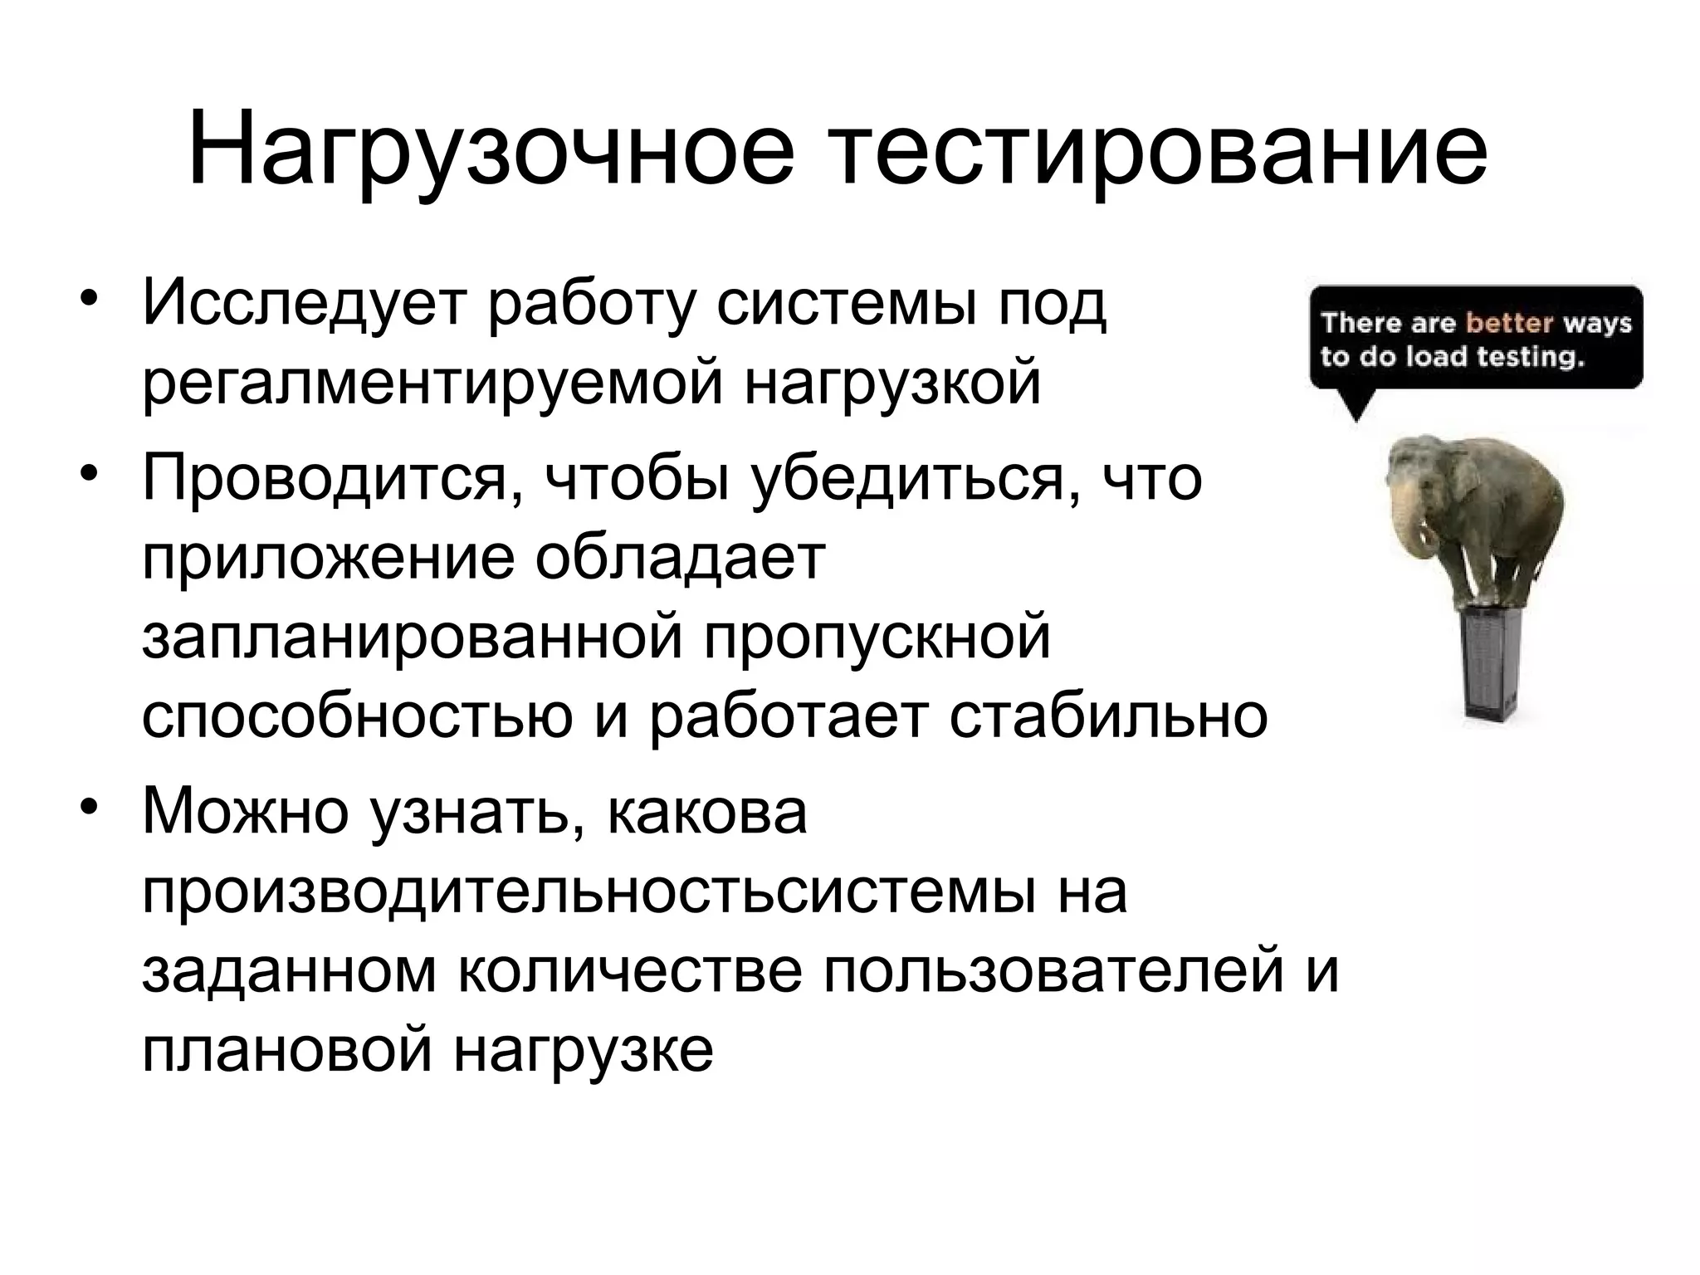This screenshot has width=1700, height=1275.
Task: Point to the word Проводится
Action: [x=325, y=480]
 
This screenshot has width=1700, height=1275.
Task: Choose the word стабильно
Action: [x=1108, y=716]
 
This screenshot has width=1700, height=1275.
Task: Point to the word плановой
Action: [x=287, y=1049]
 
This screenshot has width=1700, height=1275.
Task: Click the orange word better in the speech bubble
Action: [x=1509, y=322]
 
